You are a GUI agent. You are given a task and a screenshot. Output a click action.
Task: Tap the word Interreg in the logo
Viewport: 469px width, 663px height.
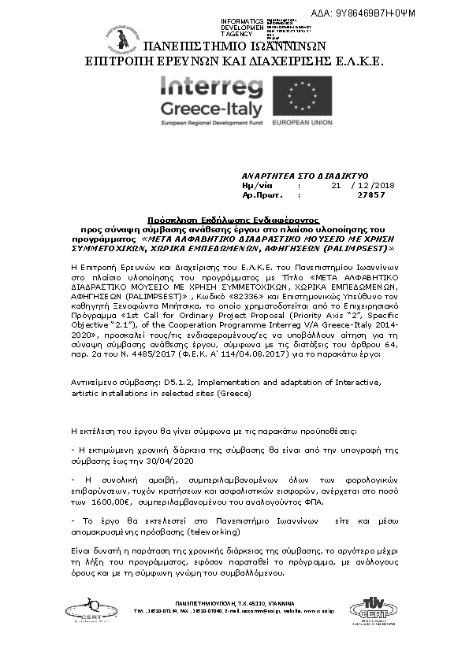pyautogui.click(x=209, y=87)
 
